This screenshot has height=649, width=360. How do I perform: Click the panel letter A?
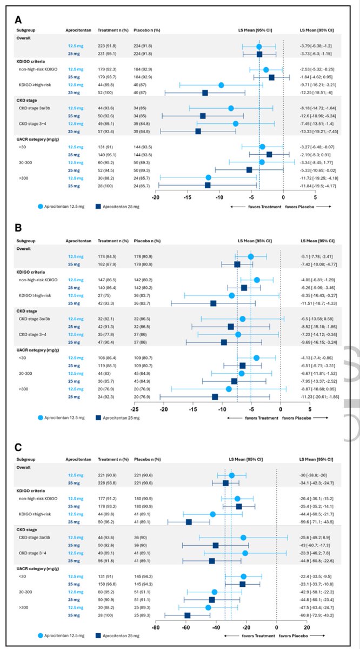tap(18, 20)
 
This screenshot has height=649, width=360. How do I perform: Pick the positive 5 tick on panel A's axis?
tap(315, 197)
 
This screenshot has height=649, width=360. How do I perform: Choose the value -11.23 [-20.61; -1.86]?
tap(319, 397)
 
